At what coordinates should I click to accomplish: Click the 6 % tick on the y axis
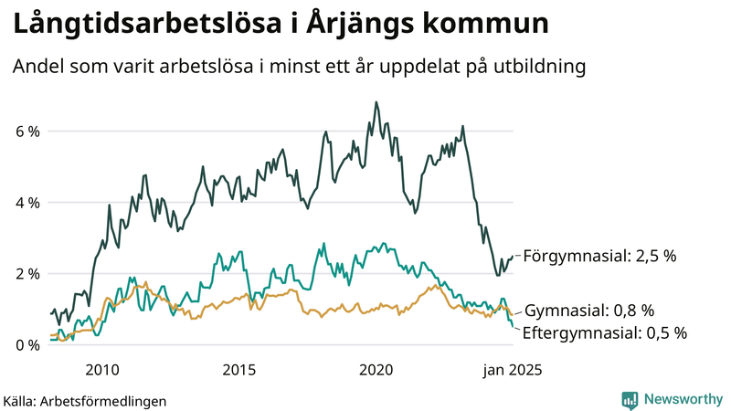click(x=26, y=132)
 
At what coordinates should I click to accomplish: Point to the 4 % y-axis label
click(x=26, y=203)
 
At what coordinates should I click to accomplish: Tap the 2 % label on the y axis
click(x=26, y=274)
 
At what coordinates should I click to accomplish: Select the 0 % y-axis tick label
click(x=26, y=345)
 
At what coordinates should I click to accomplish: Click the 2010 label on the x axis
click(x=101, y=370)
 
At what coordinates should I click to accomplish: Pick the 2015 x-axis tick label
click(x=238, y=370)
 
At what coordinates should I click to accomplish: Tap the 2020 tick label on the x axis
click(x=376, y=370)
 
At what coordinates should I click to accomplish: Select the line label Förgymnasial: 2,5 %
click(x=599, y=257)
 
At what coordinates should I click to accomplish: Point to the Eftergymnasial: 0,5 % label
click(x=604, y=332)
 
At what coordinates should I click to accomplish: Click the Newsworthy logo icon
click(x=630, y=399)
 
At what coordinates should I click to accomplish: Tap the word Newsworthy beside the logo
click(x=682, y=399)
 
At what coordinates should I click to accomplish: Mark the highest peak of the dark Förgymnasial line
click(x=376, y=102)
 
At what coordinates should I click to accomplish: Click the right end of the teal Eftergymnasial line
click(x=513, y=327)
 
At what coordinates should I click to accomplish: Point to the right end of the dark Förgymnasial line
click(x=513, y=257)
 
